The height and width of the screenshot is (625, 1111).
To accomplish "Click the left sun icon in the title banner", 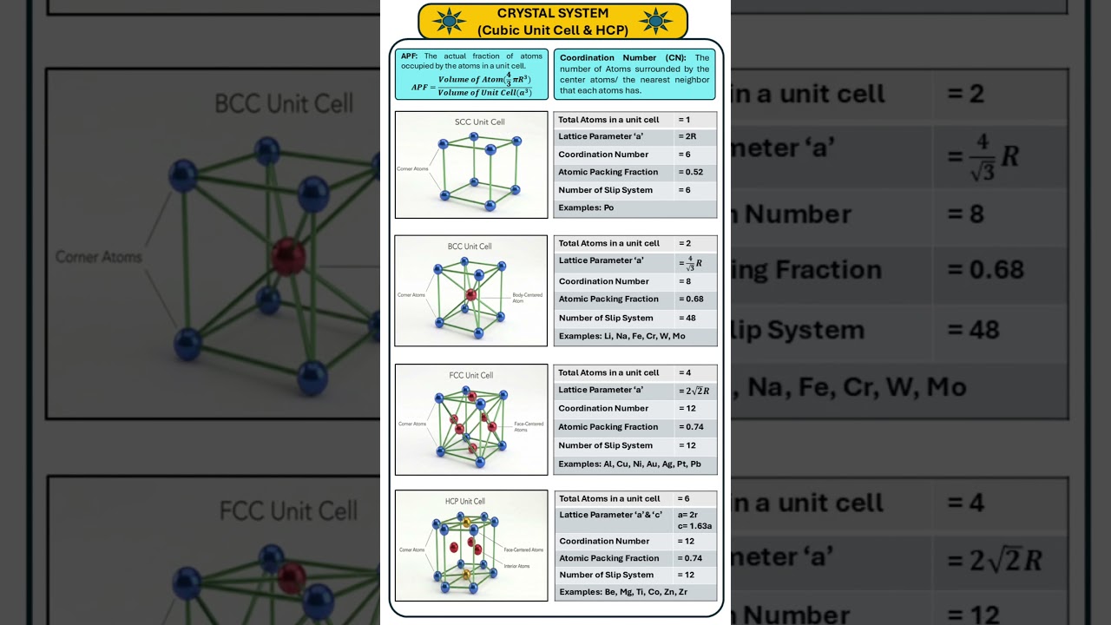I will pyautogui.click(x=449, y=21).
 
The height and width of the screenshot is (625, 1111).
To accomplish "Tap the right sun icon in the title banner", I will pyautogui.click(x=656, y=21).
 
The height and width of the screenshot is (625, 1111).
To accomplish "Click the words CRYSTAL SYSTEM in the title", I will pyautogui.click(x=553, y=13).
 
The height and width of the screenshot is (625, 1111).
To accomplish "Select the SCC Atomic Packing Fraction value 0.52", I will pyautogui.click(x=691, y=172).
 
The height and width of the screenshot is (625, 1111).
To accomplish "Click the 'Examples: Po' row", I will pyautogui.click(x=586, y=207).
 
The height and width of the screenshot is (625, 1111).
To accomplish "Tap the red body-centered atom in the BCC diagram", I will pyautogui.click(x=470, y=294).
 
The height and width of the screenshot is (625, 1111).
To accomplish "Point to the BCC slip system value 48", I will pyautogui.click(x=687, y=318).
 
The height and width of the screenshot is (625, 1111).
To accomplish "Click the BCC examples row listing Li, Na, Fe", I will pyautogui.click(x=621, y=336).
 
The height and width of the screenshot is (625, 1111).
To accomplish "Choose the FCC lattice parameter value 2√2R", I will pyautogui.click(x=694, y=391).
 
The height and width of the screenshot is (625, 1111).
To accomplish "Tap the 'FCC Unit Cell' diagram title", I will pyautogui.click(x=471, y=375).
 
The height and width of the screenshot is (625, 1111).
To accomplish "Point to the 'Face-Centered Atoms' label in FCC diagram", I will pyautogui.click(x=529, y=426).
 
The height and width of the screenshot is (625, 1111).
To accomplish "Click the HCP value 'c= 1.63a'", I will pyautogui.click(x=694, y=526).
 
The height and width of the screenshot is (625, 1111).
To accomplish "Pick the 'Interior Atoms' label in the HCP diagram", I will pyautogui.click(x=516, y=567).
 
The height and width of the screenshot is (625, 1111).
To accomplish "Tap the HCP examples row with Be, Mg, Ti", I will pyautogui.click(x=623, y=592).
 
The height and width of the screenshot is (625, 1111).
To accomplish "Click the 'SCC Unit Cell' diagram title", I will pyautogui.click(x=480, y=122).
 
